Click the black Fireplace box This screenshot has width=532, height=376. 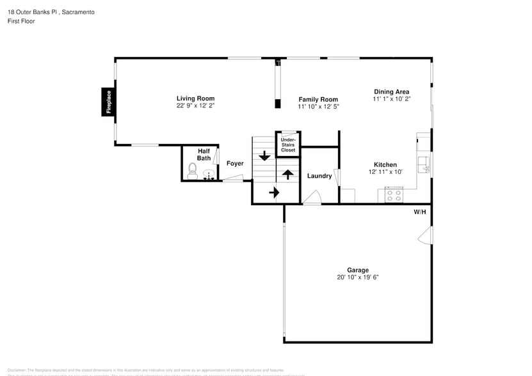tap(108, 102)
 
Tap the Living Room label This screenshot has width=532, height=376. tap(195, 98)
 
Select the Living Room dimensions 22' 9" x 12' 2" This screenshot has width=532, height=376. tap(195, 106)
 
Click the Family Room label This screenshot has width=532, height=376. tap(318, 99)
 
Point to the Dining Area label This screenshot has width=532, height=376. tap(391, 91)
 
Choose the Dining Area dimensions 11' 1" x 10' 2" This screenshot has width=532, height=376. tap(391, 98)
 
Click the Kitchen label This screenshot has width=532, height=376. tap(385, 164)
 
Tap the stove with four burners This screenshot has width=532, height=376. tap(393, 195)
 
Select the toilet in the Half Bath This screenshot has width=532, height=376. tap(192, 170)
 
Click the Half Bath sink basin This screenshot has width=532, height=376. tap(208, 173)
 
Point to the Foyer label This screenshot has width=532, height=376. tap(235, 164)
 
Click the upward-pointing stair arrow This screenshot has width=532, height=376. tap(287, 173)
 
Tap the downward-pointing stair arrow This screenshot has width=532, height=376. tap(264, 155)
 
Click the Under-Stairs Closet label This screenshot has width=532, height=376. tap(287, 145)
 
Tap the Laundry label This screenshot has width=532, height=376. tap(319, 176)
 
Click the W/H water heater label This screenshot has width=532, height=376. tap(419, 212)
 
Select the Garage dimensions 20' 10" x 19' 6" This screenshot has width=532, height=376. tap(358, 278)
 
